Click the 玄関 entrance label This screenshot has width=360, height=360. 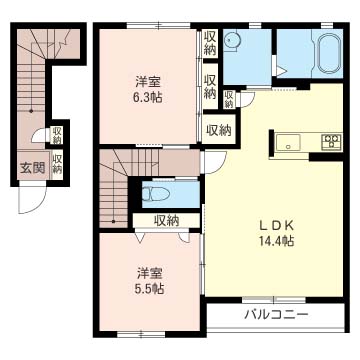point(31,167)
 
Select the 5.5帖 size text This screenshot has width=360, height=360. point(150,287)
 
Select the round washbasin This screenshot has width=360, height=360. point(233,41)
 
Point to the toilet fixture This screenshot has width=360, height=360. point(160,193)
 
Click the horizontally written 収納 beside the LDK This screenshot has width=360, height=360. point(218,129)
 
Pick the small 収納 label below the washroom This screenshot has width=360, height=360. point(229,99)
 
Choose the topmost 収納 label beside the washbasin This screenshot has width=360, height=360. point(210,43)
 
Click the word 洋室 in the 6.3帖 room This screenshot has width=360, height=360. point(150,82)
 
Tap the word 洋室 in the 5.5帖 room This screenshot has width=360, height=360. point(150,272)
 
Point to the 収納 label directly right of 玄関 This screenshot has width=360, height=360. point(57,165)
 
